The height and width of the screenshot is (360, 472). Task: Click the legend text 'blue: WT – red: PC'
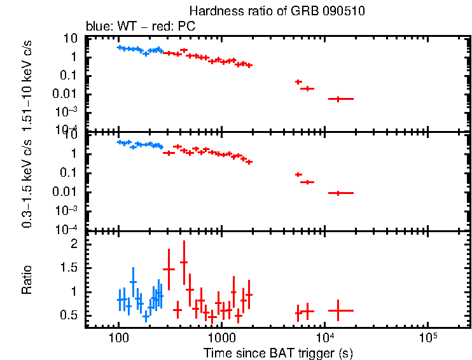pyautogui.click(x=141, y=27)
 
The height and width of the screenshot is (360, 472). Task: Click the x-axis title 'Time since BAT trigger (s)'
pyautogui.click(x=278, y=352)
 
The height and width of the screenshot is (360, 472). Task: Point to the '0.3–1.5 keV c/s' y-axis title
pyautogui.click(x=27, y=183)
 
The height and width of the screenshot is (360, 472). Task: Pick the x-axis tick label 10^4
pyautogui.click(x=324, y=336)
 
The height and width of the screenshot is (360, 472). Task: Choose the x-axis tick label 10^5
pyautogui.click(x=427, y=336)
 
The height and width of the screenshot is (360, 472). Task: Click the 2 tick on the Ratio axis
pyautogui.click(x=74, y=244)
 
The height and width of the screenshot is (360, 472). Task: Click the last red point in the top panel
pyautogui.click(x=338, y=99)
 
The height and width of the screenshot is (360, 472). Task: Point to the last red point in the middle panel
pyautogui.click(x=338, y=193)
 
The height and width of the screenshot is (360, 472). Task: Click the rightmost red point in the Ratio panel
pyautogui.click(x=338, y=310)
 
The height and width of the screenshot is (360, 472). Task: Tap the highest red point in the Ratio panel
pyautogui.click(x=184, y=261)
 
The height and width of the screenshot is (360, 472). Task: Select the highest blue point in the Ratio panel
pyautogui.click(x=133, y=282)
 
